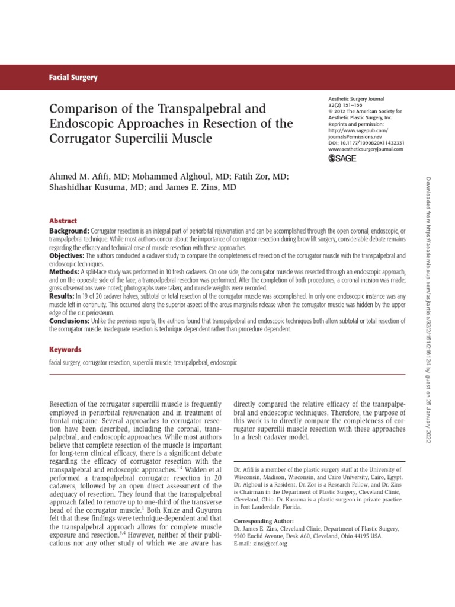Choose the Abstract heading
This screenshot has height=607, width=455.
(63, 221)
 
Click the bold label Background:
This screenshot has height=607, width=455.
(69, 230)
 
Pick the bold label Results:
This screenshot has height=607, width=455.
(62, 295)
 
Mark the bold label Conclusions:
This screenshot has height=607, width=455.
(70, 321)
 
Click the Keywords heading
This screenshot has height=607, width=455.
(65, 350)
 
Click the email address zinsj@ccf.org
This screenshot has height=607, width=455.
(275, 543)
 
